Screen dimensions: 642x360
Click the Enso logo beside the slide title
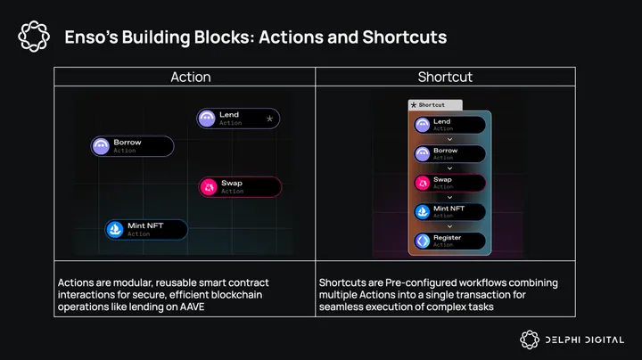click(x=34, y=37)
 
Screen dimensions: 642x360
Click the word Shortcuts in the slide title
click(x=405, y=37)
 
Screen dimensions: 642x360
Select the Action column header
click(x=191, y=77)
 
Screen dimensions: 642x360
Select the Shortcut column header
click(x=445, y=77)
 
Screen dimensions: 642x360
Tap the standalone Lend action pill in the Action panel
click(x=238, y=119)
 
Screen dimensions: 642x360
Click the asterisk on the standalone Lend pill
click(x=269, y=119)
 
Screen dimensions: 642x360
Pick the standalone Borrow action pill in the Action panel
click(x=132, y=146)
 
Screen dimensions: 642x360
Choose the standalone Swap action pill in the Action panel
click(x=240, y=187)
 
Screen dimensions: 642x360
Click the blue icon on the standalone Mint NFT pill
click(x=115, y=230)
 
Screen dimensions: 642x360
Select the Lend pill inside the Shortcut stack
click(x=449, y=125)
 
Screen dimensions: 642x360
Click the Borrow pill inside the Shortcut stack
click(x=449, y=154)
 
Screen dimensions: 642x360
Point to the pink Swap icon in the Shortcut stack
click(x=422, y=183)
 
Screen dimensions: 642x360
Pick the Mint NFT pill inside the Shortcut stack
click(x=449, y=212)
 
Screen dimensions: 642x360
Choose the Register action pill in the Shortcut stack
click(x=449, y=241)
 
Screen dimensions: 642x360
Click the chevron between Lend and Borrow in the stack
click(x=449, y=140)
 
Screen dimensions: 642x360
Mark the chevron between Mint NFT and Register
click(x=449, y=226)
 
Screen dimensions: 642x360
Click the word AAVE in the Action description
click(x=192, y=307)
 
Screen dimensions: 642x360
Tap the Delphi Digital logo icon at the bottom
click(x=530, y=340)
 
